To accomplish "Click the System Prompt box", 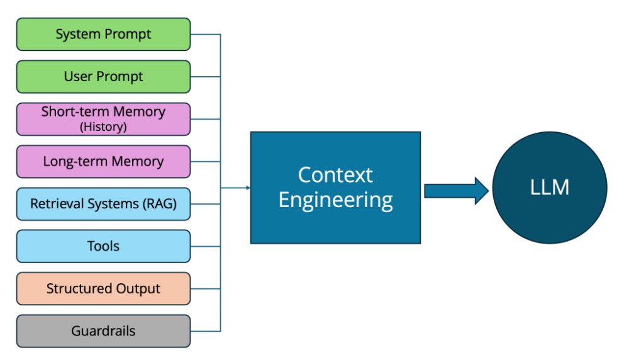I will [x=103, y=34].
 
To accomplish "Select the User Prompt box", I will [x=103, y=77].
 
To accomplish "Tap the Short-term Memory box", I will [x=103, y=119].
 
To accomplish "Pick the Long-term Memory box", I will [x=103, y=162].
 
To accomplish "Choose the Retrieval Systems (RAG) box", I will [x=103, y=204].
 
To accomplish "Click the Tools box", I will [x=103, y=246].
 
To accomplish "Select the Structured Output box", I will [x=103, y=289].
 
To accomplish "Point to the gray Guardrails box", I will [x=103, y=331].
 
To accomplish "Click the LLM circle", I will [x=549, y=188].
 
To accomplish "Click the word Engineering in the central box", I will [x=335, y=200].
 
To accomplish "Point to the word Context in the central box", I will [x=335, y=174].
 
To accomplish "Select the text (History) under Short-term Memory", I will [x=103, y=127].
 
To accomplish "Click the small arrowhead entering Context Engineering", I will [x=248, y=188].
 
